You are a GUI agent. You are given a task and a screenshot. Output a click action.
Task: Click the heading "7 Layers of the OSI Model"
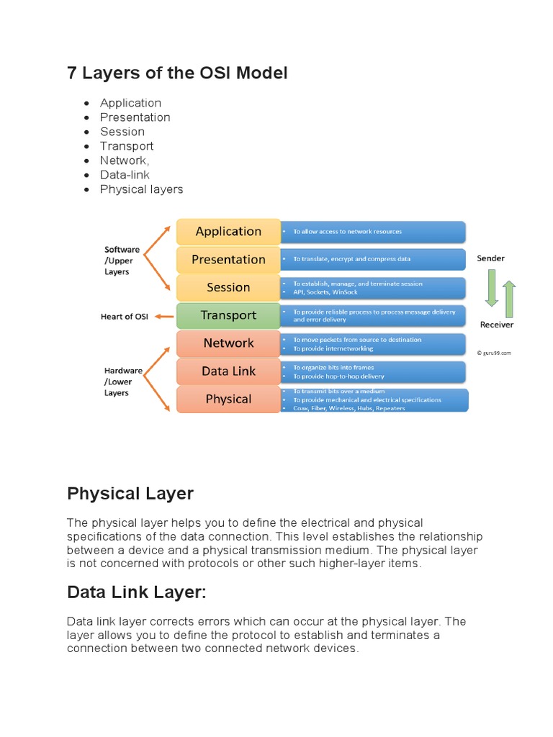(177, 73)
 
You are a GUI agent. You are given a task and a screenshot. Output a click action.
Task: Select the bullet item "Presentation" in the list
(135, 117)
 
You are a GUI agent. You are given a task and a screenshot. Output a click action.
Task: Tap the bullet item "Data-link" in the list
(125, 175)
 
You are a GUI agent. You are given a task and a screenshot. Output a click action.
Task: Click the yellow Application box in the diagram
(228, 232)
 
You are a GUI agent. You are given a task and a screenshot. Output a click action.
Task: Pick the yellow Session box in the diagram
(228, 288)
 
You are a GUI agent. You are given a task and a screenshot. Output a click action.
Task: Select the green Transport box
(228, 315)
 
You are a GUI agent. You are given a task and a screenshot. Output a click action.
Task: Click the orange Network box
(228, 343)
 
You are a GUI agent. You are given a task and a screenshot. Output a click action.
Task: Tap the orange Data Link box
(228, 371)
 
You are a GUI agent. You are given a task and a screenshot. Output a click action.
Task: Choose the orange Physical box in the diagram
(228, 399)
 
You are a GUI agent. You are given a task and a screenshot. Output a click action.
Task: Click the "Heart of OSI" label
(124, 317)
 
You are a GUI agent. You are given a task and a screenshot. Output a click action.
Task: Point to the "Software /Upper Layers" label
(122, 261)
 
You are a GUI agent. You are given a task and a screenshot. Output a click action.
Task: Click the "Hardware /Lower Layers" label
(122, 381)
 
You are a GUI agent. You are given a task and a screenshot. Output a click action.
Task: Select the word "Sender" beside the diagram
(490, 258)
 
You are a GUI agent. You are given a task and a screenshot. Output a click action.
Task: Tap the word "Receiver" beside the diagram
(497, 325)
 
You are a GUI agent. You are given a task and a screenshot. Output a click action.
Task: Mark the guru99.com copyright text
(494, 353)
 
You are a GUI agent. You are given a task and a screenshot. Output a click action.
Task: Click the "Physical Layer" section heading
(130, 494)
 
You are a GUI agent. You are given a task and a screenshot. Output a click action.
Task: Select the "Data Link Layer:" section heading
(137, 592)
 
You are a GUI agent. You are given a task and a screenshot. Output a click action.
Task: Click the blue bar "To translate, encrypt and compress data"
(373, 259)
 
